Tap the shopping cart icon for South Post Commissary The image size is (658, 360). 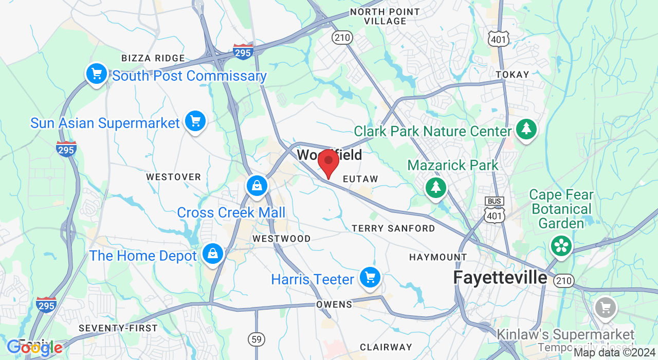coord(96,74)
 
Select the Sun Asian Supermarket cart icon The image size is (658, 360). coord(195,121)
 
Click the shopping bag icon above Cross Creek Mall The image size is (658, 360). coord(257,185)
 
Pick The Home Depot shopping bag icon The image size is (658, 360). coord(212,254)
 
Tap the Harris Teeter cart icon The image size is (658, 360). coord(370,278)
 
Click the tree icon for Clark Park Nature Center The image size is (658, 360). coord(526,129)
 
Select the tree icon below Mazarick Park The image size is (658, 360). coord(436,187)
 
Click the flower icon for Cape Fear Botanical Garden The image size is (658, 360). coord(561,245)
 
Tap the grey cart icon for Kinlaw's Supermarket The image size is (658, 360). coord(605,308)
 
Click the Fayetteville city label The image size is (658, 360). coord(500,278)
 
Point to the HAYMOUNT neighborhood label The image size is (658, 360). coord(438,257)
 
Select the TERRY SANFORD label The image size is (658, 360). coord(393,228)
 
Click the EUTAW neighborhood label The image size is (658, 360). coord(360,179)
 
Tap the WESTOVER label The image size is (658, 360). coord(173,177)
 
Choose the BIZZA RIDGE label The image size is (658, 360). coord(153,58)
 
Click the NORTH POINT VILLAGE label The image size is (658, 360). coord(385,16)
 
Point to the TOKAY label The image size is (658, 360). coord(513,75)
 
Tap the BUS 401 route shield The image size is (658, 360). coord(495,210)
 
